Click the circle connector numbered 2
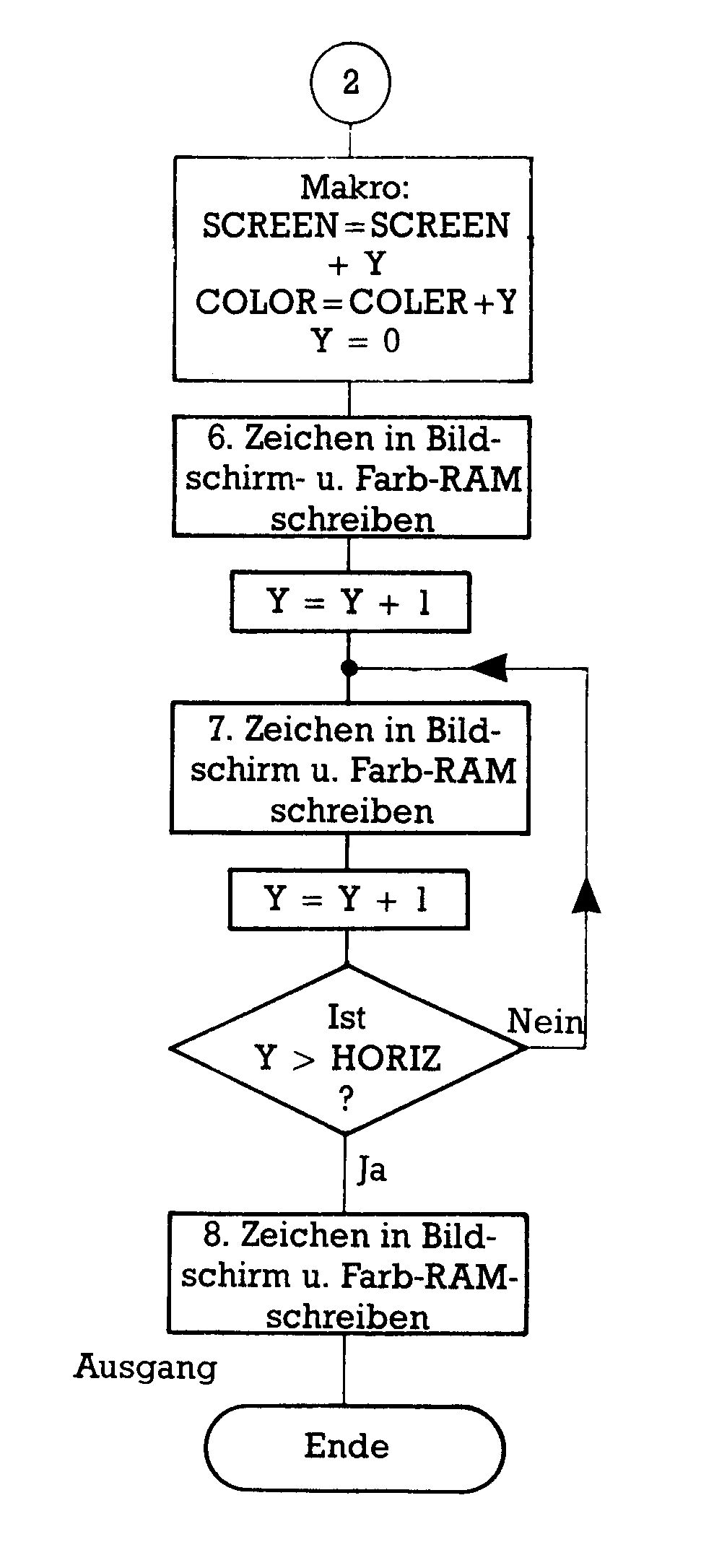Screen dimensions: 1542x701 point(350,82)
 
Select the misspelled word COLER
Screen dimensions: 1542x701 point(409,302)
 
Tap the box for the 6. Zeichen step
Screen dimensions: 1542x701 point(352,477)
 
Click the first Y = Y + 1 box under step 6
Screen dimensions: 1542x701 point(350,602)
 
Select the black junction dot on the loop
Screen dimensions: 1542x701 point(349,668)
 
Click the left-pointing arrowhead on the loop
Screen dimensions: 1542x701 point(489,668)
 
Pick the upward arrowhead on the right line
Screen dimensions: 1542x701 point(586,897)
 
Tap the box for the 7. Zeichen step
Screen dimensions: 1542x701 point(350,768)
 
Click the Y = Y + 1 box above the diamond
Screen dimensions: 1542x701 point(349,899)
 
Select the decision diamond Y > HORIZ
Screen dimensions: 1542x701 point(347,1050)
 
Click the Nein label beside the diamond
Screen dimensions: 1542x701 point(544,1022)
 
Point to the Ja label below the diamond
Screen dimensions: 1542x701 point(373,1170)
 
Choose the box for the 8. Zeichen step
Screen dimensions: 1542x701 point(347,1275)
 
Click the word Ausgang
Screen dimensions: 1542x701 point(146,1367)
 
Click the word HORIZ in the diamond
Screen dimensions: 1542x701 point(386,1059)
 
